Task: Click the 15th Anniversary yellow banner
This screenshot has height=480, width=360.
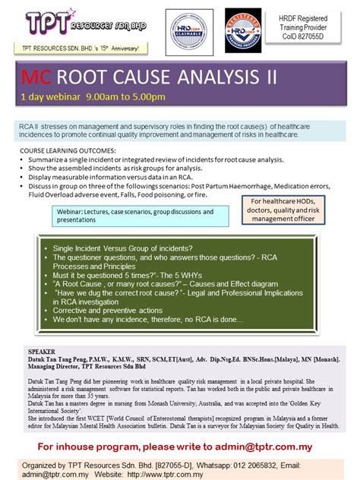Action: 81,48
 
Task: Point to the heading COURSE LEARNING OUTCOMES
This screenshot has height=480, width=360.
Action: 68,152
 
